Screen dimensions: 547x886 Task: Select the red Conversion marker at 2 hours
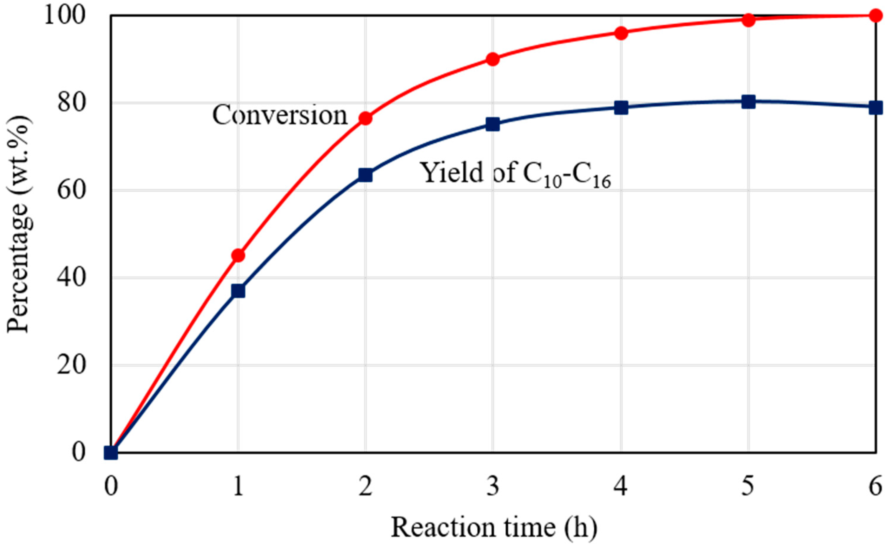pyautogui.click(x=365, y=118)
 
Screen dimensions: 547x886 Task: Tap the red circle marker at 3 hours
pyautogui.click(x=493, y=59)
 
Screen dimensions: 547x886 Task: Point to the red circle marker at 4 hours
pyautogui.click(x=621, y=33)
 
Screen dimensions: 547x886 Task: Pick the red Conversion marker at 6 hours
pyautogui.click(x=875, y=16)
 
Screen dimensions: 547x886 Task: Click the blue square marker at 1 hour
pyautogui.click(x=238, y=291)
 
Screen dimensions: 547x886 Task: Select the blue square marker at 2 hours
pyautogui.click(x=365, y=175)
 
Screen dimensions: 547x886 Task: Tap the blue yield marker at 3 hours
pyautogui.click(x=493, y=124)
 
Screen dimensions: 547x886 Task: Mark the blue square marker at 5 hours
pyautogui.click(x=748, y=102)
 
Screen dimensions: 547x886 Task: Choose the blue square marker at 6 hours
pyautogui.click(x=875, y=108)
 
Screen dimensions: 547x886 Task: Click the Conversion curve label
pyautogui.click(x=280, y=116)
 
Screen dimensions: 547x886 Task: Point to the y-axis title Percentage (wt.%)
pyautogui.click(x=18, y=224)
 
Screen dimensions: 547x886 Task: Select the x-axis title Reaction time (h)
pyautogui.click(x=494, y=527)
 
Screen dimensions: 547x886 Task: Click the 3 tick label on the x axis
pyautogui.click(x=493, y=487)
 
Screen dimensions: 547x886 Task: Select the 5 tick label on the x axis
pyautogui.click(x=748, y=487)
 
